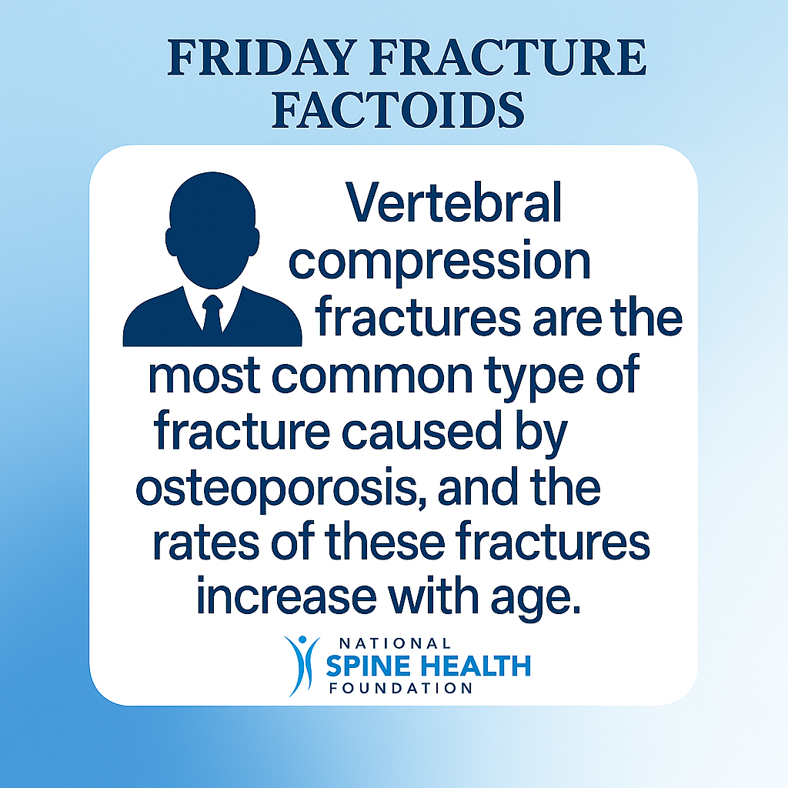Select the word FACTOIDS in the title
398,109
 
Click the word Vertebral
453,202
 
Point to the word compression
439,262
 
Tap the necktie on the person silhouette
212,314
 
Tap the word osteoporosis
276,489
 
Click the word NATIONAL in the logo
395,644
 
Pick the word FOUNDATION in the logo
401,688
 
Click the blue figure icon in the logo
302,666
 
